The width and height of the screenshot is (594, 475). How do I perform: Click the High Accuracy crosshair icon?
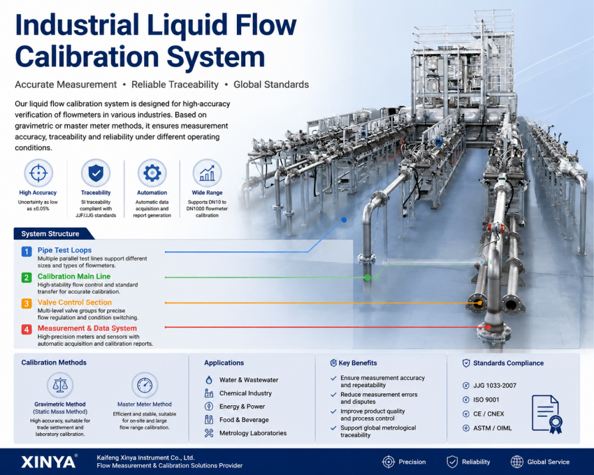tap(38, 173)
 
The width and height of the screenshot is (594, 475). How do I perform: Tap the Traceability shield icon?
tap(96, 173)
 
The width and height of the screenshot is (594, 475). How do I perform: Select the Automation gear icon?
tap(152, 173)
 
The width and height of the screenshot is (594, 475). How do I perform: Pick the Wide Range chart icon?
tap(208, 173)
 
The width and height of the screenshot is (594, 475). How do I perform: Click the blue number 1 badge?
tap(27, 251)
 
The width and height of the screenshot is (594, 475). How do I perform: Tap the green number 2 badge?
tap(27, 277)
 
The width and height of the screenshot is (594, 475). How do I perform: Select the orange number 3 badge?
tap(27, 303)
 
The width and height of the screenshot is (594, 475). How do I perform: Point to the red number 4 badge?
tap(27, 329)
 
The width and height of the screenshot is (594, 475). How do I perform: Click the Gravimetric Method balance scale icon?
tap(60, 385)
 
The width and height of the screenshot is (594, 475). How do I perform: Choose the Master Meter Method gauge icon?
tap(145, 385)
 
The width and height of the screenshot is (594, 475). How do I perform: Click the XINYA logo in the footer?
tap(49, 462)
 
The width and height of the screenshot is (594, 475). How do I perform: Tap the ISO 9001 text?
tap(486, 400)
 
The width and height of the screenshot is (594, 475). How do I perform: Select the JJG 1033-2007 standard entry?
tap(489, 386)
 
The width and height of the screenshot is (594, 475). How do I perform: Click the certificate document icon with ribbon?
tap(547, 414)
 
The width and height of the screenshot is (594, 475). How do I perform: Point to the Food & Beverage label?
tap(244, 420)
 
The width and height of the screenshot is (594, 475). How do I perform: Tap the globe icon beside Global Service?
tap(516, 462)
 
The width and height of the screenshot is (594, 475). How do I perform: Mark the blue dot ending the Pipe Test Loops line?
tap(344, 220)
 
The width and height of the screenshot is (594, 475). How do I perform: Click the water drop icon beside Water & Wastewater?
tap(209, 380)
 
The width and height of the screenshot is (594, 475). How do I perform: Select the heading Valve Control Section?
tap(75, 302)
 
